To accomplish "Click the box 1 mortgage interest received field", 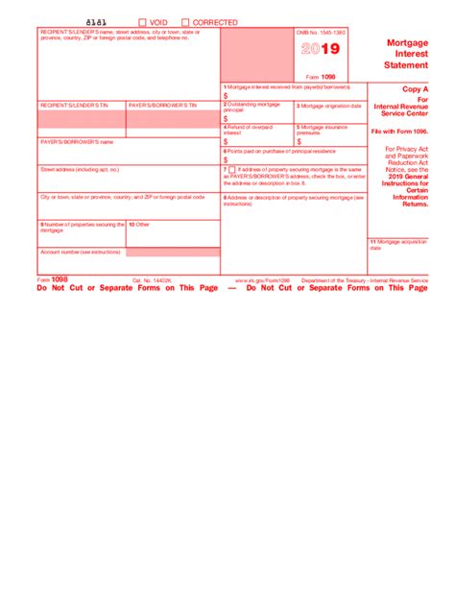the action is pos(293,95).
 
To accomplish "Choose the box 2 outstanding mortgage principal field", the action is pos(256,118).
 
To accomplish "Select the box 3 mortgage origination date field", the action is pos(329,117).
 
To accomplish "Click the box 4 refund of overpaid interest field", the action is pos(256,139).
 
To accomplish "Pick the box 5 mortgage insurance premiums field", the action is pos(329,140).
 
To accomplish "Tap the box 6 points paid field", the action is pos(293,159).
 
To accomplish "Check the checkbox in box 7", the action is pos(231,169).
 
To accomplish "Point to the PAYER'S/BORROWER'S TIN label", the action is pos(162,104).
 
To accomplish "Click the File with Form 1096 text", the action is pos(407,132).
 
